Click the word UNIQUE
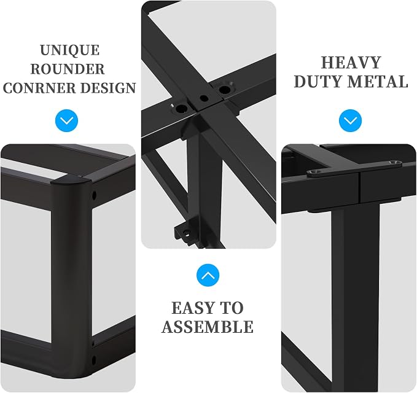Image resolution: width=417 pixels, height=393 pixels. (x=70, y=50)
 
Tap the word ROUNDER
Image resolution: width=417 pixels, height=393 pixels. (x=68, y=69)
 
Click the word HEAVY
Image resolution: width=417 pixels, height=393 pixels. (x=351, y=63)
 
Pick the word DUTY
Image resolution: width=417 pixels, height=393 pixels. (x=318, y=82)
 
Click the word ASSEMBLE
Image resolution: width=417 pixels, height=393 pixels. (x=208, y=327)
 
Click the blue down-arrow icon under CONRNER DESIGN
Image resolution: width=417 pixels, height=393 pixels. (x=67, y=121)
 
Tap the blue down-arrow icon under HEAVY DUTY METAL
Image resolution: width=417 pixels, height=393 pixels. (x=351, y=121)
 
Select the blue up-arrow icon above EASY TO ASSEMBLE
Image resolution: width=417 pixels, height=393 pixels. (x=208, y=275)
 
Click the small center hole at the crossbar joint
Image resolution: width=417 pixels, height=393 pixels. (x=204, y=98)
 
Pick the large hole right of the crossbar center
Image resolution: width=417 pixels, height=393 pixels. (x=224, y=89)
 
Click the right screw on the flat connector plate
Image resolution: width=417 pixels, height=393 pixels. (x=395, y=162)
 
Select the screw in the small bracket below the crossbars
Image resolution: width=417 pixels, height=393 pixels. (x=188, y=234)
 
